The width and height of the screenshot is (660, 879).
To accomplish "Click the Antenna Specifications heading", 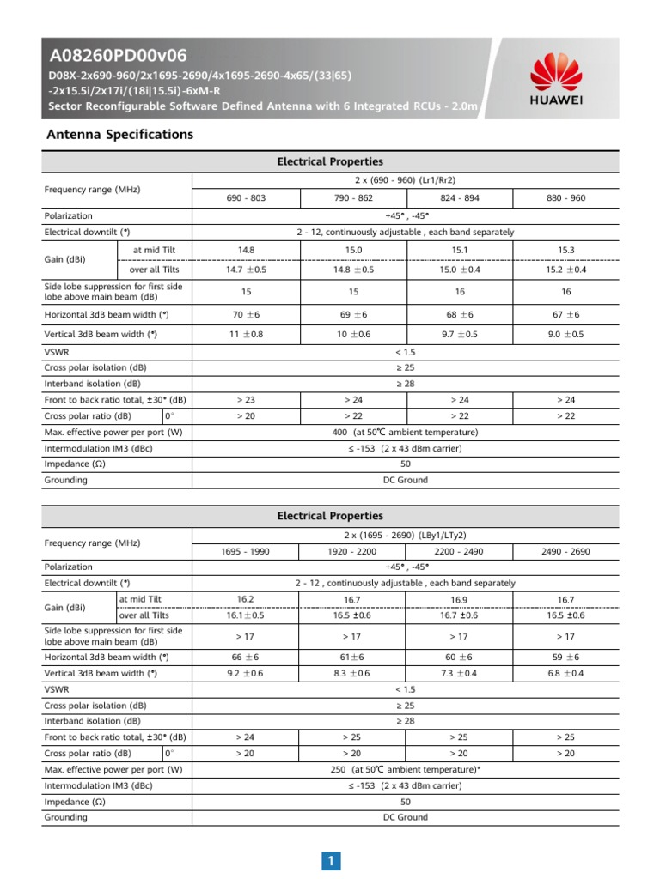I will click(119, 135).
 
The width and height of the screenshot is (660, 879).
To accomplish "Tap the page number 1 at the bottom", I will click(330, 861).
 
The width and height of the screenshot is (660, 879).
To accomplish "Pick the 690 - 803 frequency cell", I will click(246, 197).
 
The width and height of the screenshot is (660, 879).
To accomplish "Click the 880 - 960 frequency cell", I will click(565, 197).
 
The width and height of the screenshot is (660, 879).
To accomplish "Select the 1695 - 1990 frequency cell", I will click(246, 550).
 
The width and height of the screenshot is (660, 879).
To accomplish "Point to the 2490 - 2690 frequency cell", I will click(565, 550).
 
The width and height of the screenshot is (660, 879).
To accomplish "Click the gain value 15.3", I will click(565, 250).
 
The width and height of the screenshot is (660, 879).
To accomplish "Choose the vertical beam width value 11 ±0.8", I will click(246, 334).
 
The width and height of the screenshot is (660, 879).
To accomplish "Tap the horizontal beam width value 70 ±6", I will click(246, 314).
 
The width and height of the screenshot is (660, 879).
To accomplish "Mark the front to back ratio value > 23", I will click(246, 399).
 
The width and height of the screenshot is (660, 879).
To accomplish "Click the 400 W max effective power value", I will click(405, 432).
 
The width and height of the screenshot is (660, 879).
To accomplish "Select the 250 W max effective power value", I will click(405, 769).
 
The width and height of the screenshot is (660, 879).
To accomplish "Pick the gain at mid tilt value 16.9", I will click(459, 599).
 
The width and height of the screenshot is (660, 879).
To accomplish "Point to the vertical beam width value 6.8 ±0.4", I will click(565, 674).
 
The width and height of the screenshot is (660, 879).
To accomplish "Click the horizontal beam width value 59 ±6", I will click(565, 657).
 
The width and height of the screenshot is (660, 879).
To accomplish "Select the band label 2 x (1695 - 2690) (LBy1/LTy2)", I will click(405, 534).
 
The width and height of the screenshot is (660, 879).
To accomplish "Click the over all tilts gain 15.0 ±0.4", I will click(459, 269).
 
